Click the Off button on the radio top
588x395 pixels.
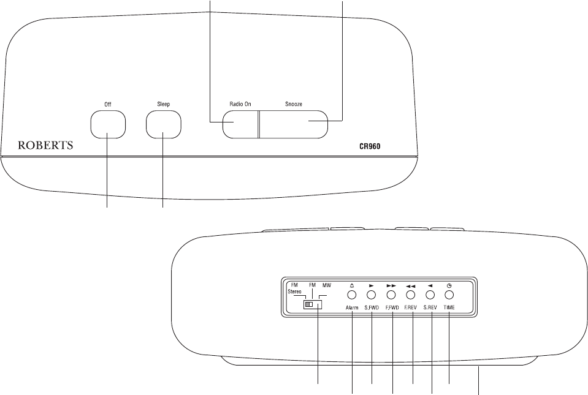[x=108, y=124]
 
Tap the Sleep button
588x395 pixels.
[x=164, y=124]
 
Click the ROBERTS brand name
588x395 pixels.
[x=45, y=147]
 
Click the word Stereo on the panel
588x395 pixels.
[x=296, y=292]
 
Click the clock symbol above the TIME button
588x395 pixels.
[x=449, y=286]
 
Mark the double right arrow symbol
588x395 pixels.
[x=391, y=286]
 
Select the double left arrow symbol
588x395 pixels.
[x=411, y=286]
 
